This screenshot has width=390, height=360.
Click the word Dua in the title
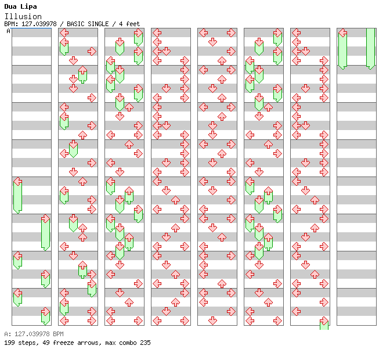(x=10, y=6)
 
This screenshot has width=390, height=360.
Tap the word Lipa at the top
(x=28, y=7)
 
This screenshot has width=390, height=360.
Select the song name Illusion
(x=23, y=17)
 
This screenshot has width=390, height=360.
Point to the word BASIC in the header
(x=75, y=24)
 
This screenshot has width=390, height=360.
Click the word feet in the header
(x=133, y=24)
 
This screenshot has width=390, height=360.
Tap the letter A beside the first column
(x=9, y=31)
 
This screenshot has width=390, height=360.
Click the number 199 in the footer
(x=9, y=343)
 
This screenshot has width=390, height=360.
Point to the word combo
(x=128, y=343)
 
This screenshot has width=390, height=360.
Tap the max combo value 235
(x=145, y=343)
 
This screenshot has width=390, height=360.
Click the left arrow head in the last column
(x=343, y=33)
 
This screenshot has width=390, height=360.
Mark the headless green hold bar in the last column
(x=370, y=49)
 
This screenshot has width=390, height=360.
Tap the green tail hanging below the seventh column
(x=324, y=326)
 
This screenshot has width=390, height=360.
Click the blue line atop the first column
(x=31, y=28)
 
